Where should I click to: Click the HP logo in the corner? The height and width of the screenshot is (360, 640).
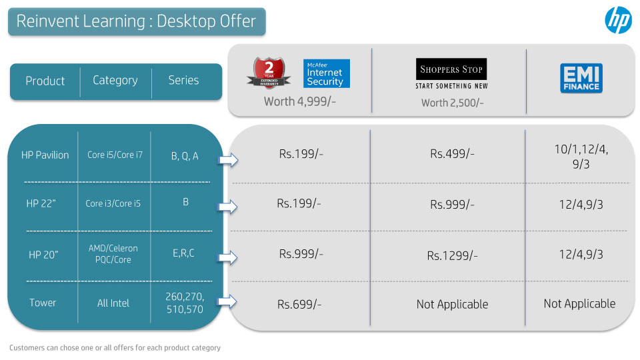click(x=618, y=19)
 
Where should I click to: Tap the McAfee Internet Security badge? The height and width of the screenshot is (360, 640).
click(x=326, y=73)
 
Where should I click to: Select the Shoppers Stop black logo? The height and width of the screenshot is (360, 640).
click(x=451, y=69)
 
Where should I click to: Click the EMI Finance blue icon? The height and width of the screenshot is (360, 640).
click(x=581, y=78)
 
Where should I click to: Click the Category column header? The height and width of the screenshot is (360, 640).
click(x=115, y=80)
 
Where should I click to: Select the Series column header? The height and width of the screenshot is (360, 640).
click(x=184, y=80)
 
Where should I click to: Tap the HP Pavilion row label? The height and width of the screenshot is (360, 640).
click(x=45, y=155)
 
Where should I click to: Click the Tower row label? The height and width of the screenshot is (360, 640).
click(x=43, y=303)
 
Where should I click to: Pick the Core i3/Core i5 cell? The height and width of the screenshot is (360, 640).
click(x=113, y=203)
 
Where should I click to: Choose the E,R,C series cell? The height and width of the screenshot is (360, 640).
click(x=184, y=253)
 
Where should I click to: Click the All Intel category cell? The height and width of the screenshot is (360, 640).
click(x=113, y=303)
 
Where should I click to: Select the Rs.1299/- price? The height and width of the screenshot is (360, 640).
click(x=452, y=255)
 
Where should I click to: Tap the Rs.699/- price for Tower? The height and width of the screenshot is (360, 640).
click(x=299, y=304)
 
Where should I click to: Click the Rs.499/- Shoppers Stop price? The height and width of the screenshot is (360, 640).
click(x=452, y=154)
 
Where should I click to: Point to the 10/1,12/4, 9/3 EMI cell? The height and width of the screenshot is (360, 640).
click(x=581, y=157)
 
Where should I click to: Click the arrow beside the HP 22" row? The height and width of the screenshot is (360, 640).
click(x=227, y=207)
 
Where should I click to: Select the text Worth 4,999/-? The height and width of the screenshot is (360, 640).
click(x=299, y=101)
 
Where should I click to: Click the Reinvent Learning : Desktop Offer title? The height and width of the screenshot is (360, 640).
click(x=136, y=21)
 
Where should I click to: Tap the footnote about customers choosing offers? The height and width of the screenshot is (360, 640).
click(x=115, y=348)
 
